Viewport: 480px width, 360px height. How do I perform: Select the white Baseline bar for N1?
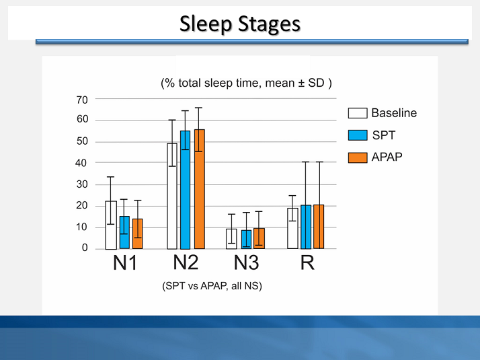tap(111, 225)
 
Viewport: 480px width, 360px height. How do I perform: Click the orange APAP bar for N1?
tap(137, 234)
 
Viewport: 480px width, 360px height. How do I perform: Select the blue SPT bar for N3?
tap(246, 240)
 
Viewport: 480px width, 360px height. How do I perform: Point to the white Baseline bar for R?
tap(292, 229)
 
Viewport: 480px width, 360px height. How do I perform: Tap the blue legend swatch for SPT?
tap(357, 135)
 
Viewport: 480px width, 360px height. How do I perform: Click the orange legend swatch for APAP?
tap(357, 157)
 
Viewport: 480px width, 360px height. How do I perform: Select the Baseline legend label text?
tap(394, 113)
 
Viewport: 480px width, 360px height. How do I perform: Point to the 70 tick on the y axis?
tap(82, 100)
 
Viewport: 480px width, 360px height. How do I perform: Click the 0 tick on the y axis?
tap(85, 248)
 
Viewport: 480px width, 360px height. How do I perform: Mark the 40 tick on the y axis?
tap(82, 163)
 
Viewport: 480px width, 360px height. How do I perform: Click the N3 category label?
tap(247, 263)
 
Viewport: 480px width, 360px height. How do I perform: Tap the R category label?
tap(307, 263)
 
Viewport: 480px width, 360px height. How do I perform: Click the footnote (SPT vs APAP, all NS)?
tap(212, 286)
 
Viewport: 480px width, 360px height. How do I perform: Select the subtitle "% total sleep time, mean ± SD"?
tap(246, 83)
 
